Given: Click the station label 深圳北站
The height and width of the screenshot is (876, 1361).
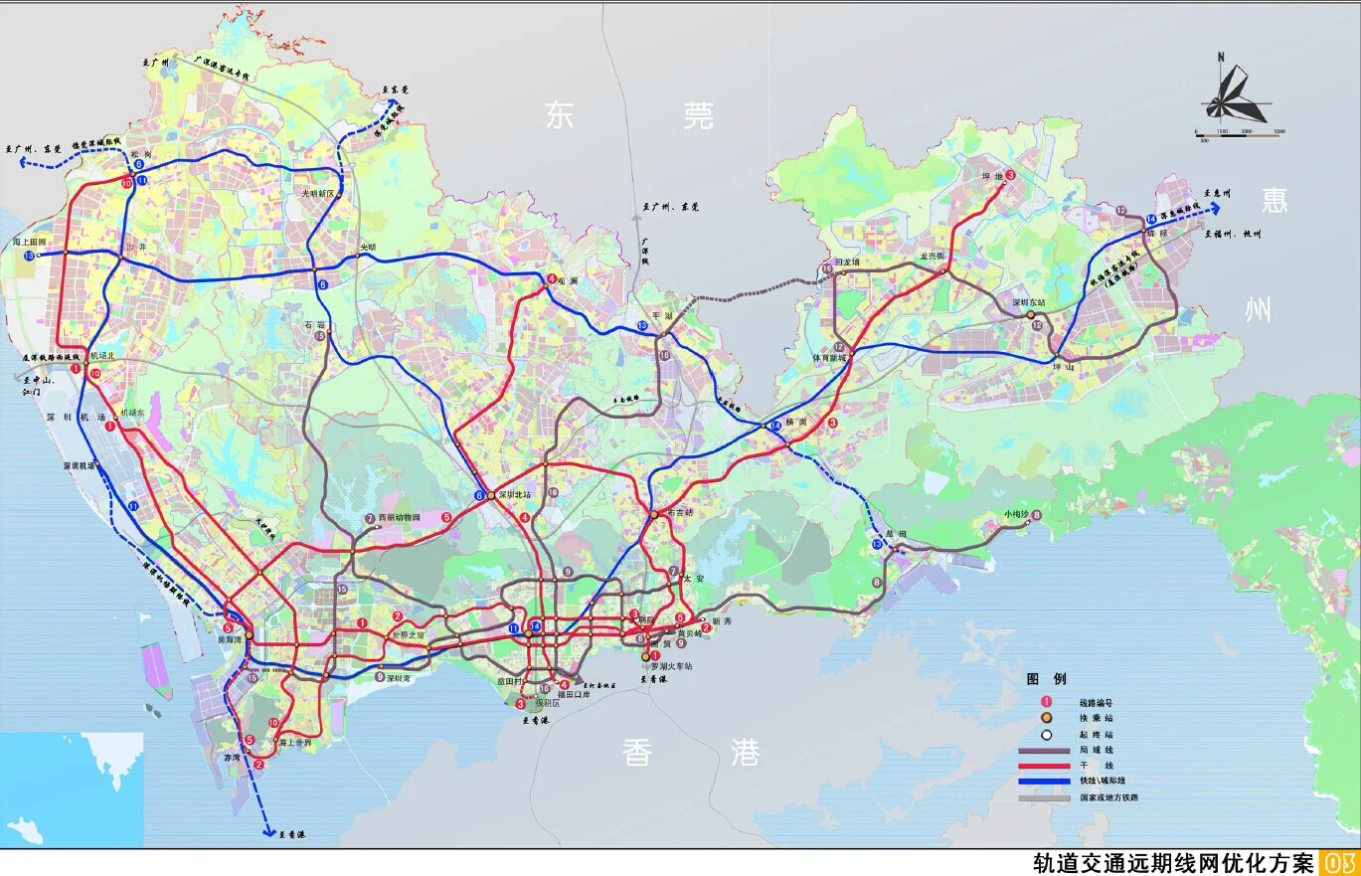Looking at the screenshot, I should [515, 494].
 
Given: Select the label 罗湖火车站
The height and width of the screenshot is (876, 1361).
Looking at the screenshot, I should [675, 666].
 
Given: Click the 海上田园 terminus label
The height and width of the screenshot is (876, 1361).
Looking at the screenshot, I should [31, 243].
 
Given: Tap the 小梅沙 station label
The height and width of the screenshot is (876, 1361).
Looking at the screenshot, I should [1016, 515].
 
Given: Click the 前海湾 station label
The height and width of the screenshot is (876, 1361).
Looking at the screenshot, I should [230, 640].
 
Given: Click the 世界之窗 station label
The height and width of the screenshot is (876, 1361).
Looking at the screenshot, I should [408, 634].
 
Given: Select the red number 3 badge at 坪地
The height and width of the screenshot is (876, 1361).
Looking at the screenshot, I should [1010, 176].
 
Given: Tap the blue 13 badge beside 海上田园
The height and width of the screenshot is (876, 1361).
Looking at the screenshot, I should [29, 257].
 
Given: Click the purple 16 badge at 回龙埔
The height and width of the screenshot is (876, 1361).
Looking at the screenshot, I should [826, 268].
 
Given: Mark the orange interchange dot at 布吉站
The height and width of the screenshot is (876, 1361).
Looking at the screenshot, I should [653, 514].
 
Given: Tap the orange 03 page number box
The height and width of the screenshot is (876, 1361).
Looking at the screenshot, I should [1337, 862].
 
